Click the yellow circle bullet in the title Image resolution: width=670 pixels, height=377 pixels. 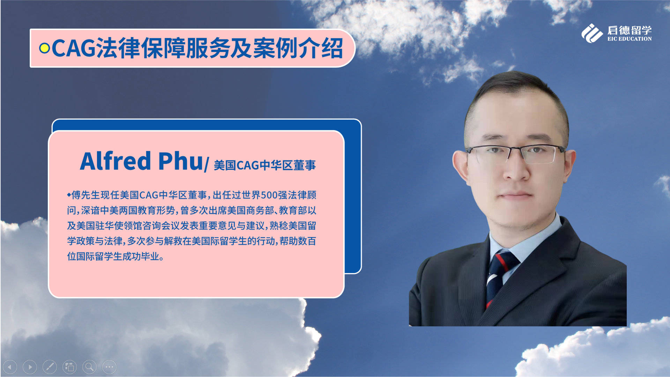coord(44,48)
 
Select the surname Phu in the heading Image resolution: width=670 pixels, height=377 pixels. coord(180,161)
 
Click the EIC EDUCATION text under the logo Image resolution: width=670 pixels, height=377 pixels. coord(630,39)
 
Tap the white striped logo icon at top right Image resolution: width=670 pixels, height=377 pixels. coord(592,33)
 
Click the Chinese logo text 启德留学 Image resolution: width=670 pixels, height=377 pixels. coord(630,30)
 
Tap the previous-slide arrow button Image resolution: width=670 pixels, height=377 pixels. coord(10,367)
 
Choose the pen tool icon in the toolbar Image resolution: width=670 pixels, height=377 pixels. coord(50,367)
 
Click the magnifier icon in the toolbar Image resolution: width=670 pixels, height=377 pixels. coord(89,367)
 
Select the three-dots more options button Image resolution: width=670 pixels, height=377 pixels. coord(109,367)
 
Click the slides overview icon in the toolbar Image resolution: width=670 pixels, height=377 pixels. coord(69,367)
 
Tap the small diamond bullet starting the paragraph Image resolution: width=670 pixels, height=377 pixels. coord(69,194)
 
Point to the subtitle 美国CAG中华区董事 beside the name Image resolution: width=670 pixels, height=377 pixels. coord(265,165)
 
